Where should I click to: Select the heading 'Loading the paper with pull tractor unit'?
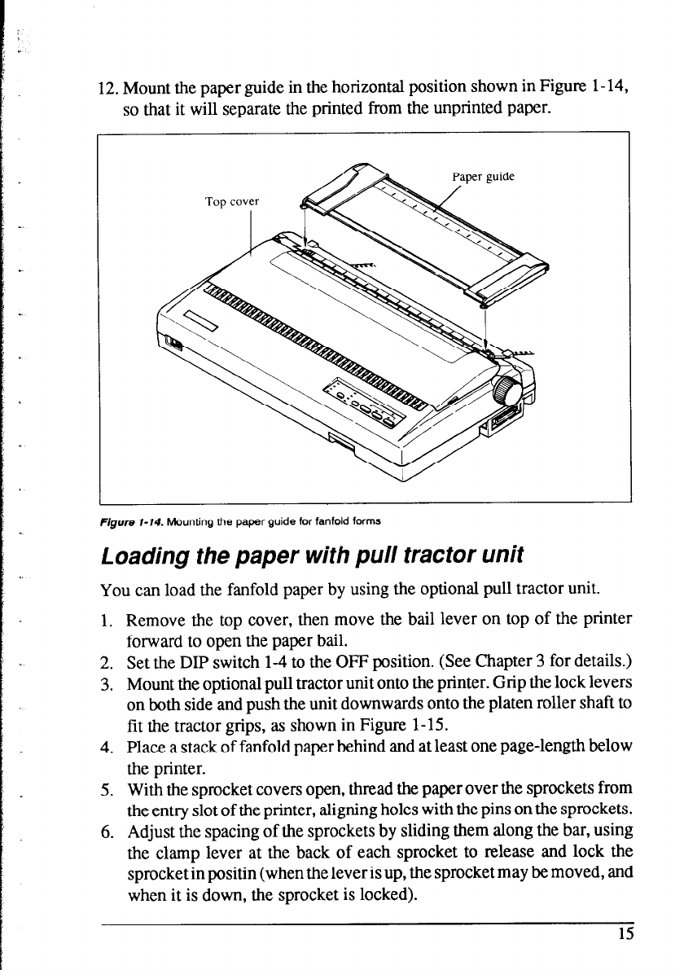click(309, 556)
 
